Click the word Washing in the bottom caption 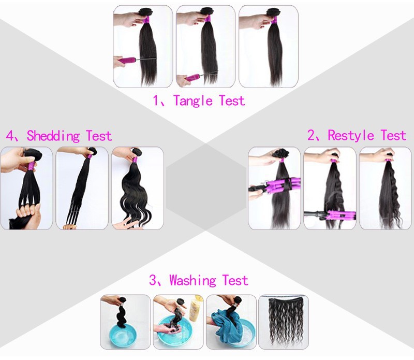coord(193,281)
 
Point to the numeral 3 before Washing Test coord(153,281)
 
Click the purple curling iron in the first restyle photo coord(279,184)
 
